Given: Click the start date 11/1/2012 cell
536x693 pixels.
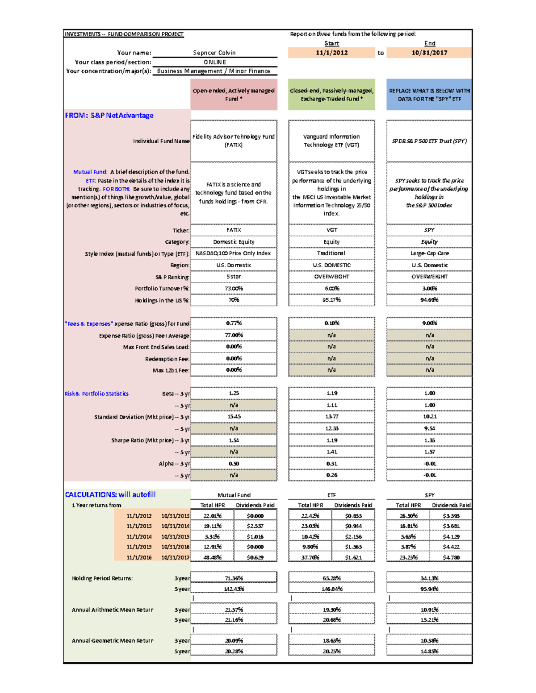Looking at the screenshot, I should [331, 53].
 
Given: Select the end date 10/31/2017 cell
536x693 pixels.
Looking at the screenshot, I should [429, 53].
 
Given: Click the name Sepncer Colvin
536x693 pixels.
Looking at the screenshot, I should [214, 53].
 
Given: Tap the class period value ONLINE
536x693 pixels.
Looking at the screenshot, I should [214, 62].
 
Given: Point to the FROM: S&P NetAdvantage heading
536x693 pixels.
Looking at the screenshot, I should [109, 115].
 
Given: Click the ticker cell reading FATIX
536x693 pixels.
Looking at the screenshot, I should [234, 230].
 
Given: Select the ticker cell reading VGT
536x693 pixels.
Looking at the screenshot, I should [331, 230].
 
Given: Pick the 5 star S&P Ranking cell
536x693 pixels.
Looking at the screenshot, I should [234, 277].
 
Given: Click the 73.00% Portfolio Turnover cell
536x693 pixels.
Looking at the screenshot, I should [234, 288].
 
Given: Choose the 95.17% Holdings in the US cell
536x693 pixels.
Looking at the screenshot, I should [331, 300].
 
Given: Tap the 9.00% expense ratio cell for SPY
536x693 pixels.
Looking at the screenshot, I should [429, 323].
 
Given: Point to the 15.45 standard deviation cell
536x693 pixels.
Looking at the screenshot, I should [234, 416].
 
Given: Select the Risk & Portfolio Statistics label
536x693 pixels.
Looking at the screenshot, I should [96, 394].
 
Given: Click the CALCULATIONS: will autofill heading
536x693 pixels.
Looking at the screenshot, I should [110, 494].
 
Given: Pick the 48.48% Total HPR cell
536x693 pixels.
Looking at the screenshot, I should [213, 557].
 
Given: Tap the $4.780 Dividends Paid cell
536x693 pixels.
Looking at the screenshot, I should [451, 557].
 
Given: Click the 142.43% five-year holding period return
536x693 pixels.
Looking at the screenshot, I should [234, 589].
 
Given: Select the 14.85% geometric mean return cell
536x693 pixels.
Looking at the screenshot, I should [429, 652].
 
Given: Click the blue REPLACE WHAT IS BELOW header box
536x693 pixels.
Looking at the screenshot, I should [429, 95].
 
